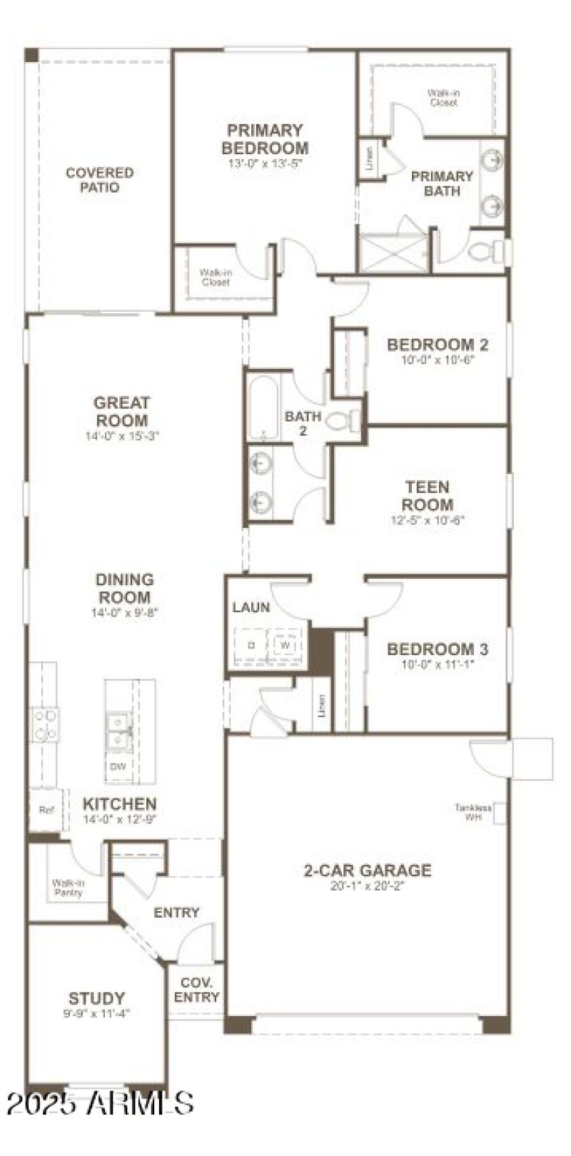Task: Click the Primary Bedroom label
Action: coord(265,139)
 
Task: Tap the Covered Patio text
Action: coord(100,180)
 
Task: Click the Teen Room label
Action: coord(428,495)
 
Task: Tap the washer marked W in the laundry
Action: coord(285,644)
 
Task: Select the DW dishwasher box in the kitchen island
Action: coord(118,767)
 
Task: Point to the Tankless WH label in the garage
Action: coord(474,812)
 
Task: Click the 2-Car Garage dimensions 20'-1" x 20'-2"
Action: coord(367,886)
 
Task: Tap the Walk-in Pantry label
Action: coord(67,888)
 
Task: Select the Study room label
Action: coord(96,998)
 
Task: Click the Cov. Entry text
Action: coord(196,990)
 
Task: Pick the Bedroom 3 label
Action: coord(438,649)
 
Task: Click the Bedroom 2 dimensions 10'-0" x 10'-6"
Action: coord(438,360)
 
